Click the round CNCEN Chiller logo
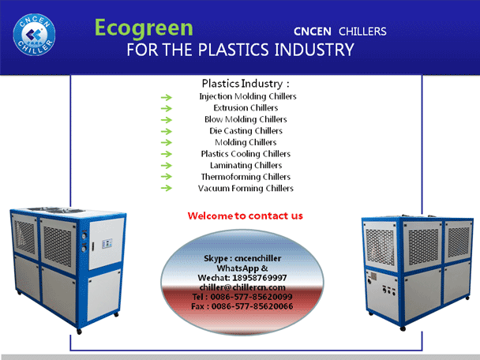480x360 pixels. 34,35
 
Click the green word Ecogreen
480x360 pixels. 144,28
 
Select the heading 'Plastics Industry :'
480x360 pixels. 246,84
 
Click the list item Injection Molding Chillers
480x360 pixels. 248,96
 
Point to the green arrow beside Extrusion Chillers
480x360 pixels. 167,108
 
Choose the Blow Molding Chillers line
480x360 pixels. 246,119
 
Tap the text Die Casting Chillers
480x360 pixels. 246,131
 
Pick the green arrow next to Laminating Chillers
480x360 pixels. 167,166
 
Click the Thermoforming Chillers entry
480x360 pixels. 246,177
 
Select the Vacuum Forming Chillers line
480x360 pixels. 246,188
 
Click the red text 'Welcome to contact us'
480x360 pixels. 246,216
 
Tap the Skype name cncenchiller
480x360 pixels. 257,258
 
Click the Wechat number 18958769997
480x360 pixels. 260,278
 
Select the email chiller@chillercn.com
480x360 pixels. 242,287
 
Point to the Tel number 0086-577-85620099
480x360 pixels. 251,297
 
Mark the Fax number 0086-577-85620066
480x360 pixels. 253,306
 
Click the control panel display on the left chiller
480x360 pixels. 107,243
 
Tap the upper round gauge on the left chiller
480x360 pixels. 84,235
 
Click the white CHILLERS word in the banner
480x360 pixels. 362,32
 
